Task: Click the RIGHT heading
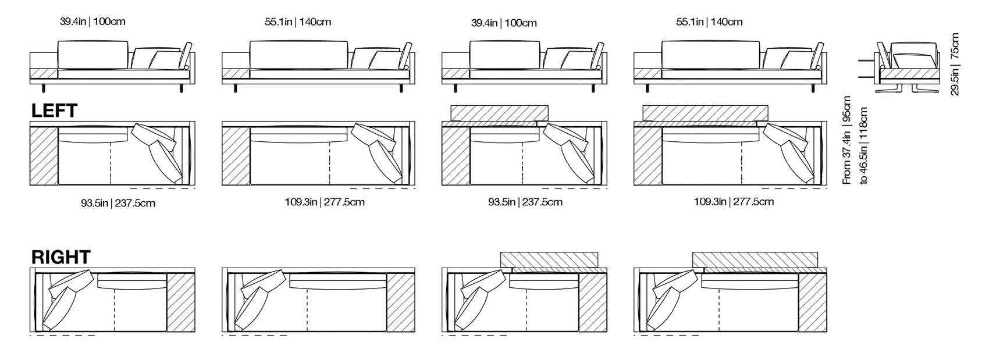click(x=61, y=257)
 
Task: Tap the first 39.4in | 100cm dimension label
click(x=93, y=22)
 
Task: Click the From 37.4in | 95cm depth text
click(x=847, y=140)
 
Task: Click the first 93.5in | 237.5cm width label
click(x=118, y=203)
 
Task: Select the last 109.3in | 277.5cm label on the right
click(x=733, y=202)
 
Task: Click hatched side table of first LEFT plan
click(x=44, y=156)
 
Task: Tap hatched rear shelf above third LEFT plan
click(x=499, y=112)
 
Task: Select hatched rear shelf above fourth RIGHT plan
click(x=755, y=259)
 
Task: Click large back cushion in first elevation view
click(x=93, y=54)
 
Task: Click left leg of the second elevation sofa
click(x=235, y=88)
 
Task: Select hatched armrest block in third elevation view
click(x=456, y=74)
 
